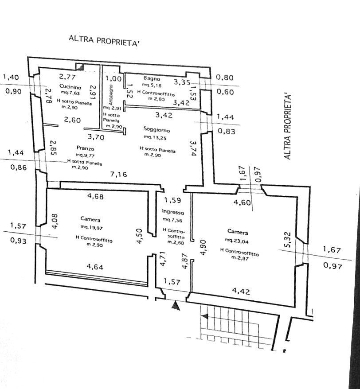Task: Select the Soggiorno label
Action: tap(157, 130)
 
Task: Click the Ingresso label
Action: tap(173, 213)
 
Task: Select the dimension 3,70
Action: tap(96, 137)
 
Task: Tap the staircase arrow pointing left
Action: tap(205, 316)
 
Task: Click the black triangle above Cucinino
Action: tap(80, 66)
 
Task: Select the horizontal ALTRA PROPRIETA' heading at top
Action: tap(104, 40)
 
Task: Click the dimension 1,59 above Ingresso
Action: tap(172, 200)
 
